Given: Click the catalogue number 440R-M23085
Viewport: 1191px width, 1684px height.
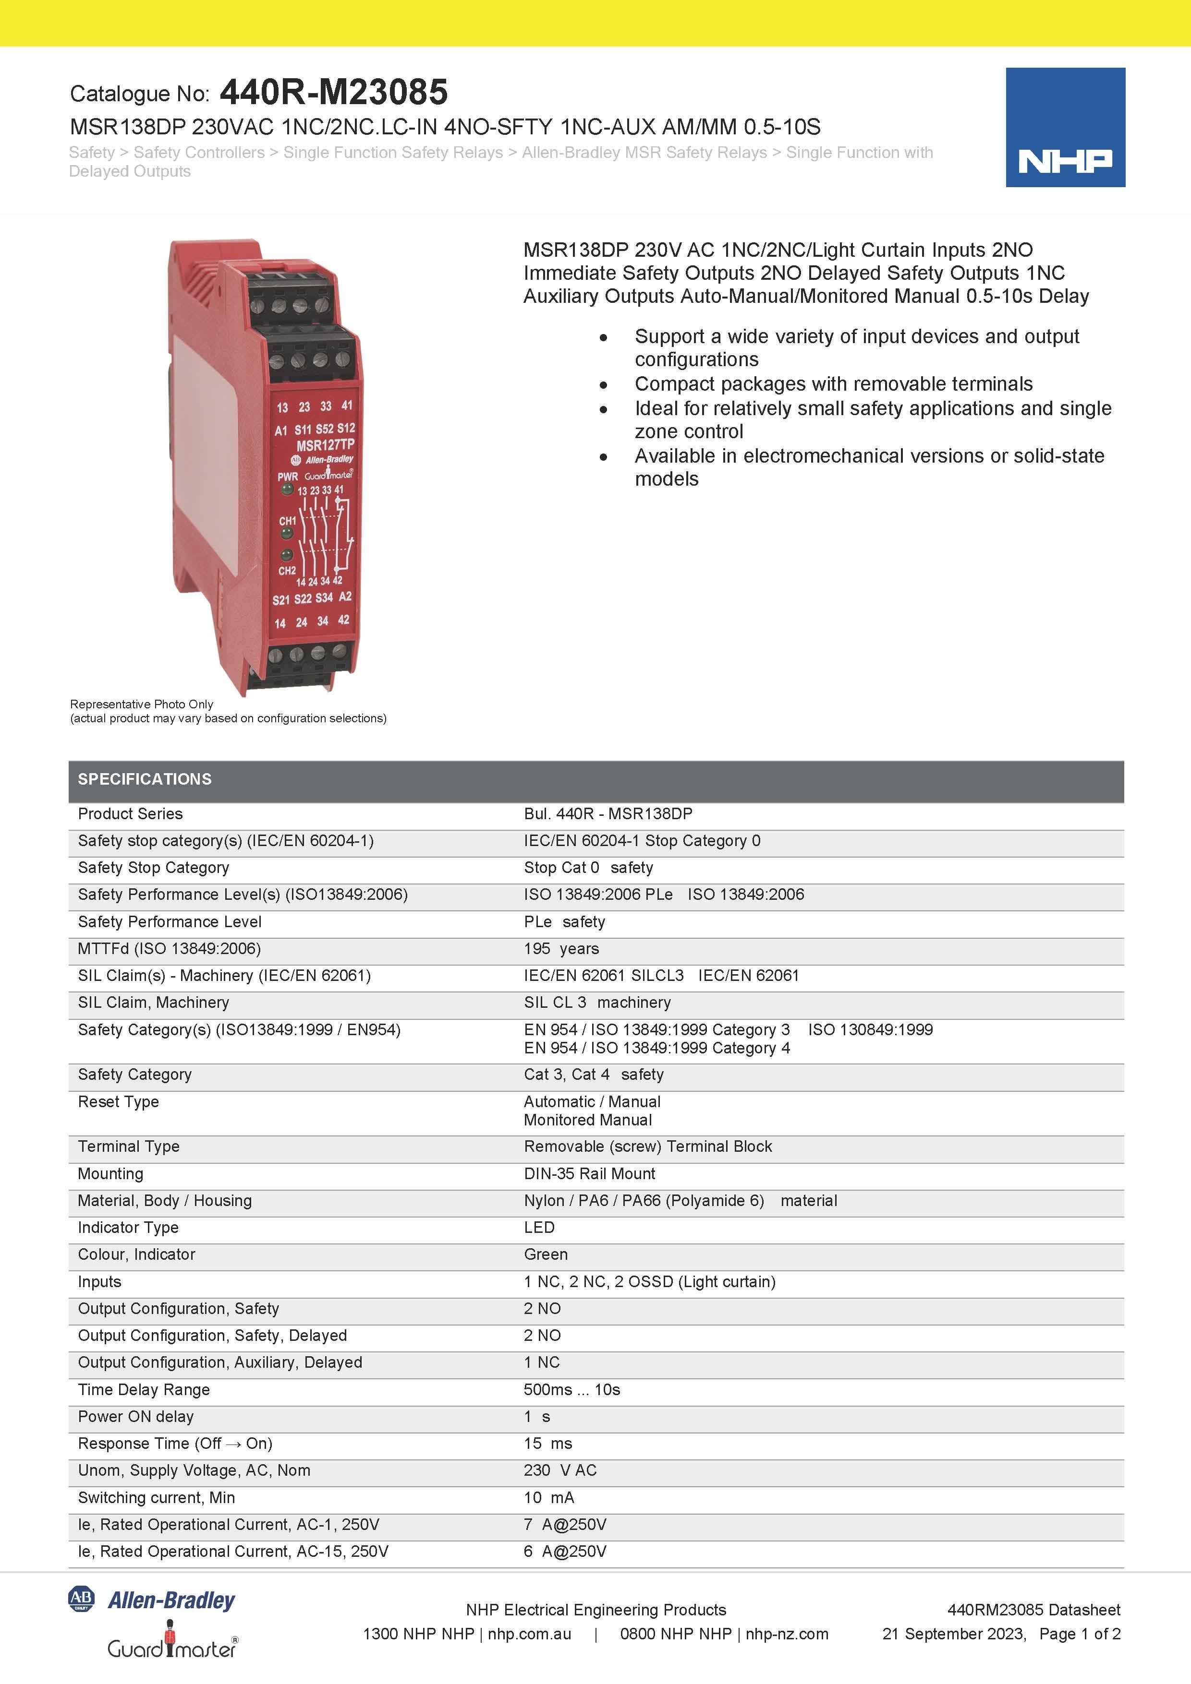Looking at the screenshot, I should pos(333,93).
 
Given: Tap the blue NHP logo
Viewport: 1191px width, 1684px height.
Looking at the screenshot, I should pos(1064,128).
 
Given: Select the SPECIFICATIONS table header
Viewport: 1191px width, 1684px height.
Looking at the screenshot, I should pos(145,779).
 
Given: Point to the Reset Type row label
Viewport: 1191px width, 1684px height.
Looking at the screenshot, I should pos(118,1102).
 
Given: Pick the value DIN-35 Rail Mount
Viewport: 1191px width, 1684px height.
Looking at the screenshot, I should pos(589,1173).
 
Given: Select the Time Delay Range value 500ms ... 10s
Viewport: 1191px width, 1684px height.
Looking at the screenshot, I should pos(571,1389).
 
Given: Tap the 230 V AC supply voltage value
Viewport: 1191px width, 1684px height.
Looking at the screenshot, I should pos(560,1470).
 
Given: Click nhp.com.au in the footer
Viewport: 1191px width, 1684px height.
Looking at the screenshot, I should pos(529,1634).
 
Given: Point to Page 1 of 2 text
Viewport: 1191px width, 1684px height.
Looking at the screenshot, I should pos(1080,1634).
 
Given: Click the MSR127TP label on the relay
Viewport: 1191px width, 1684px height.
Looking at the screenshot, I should pos(325,445).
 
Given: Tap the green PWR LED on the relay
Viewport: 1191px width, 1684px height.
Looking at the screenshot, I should pos(288,489).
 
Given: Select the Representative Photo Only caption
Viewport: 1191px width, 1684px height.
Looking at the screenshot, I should pos(142,704).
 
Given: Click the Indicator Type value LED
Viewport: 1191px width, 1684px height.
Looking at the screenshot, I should pos(539,1227).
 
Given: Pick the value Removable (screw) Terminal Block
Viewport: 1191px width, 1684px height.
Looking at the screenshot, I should pos(647,1147).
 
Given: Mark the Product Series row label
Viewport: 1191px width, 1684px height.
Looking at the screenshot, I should pos(130,813).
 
